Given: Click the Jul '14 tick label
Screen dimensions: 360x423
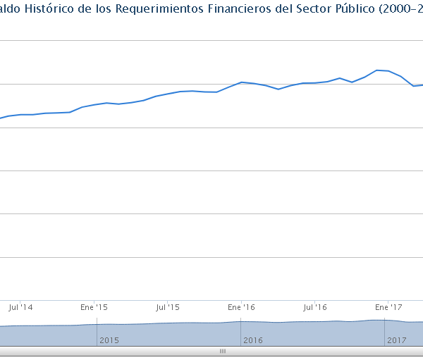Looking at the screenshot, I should coord(21,308).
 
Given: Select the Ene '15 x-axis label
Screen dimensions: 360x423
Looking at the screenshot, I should coord(94,308).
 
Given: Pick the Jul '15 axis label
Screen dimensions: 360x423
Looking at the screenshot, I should coord(168,308).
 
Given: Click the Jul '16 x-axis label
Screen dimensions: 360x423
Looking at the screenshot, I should coord(315,308).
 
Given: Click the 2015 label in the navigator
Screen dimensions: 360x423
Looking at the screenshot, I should coord(109,340).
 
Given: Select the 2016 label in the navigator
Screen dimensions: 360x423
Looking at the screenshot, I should coord(252,340).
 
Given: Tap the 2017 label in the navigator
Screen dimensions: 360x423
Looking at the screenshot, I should coord(396,340).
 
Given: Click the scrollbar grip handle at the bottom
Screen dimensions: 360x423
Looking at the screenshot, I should coord(222,351).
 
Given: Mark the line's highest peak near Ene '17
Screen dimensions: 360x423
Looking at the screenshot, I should coord(378,70).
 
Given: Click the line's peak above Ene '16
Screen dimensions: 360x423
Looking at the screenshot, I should coord(242,82).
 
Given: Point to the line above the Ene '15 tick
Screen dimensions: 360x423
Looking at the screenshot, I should coord(94,105).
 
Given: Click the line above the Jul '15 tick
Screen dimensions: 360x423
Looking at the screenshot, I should coord(168,94).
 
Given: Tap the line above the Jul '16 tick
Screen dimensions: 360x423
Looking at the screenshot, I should coord(315,83).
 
